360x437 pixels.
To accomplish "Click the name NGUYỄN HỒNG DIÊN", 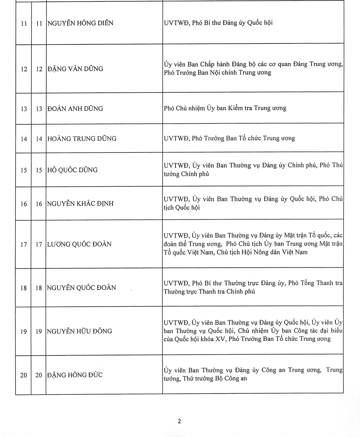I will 80,23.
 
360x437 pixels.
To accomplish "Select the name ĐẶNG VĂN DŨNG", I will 75,69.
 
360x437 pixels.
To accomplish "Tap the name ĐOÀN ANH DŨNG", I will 75,108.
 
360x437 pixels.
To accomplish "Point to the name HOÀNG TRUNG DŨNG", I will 82,138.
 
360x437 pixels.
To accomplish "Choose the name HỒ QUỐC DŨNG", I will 72,170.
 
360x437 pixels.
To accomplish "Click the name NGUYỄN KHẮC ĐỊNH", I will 80,203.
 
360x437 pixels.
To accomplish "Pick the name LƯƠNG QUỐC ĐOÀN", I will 79,244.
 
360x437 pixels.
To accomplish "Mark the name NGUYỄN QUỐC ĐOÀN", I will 81,288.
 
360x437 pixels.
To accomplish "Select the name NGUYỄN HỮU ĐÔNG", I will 79,331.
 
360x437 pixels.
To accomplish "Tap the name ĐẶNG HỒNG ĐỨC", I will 75,375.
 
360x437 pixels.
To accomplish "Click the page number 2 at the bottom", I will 179,421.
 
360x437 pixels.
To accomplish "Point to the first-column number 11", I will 24,23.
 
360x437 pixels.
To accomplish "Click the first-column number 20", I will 24,375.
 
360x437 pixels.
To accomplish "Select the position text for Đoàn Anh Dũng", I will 225,108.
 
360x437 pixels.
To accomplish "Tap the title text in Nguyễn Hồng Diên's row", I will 218,23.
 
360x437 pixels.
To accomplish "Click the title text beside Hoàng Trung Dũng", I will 229,138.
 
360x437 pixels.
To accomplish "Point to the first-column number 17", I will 24,245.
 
